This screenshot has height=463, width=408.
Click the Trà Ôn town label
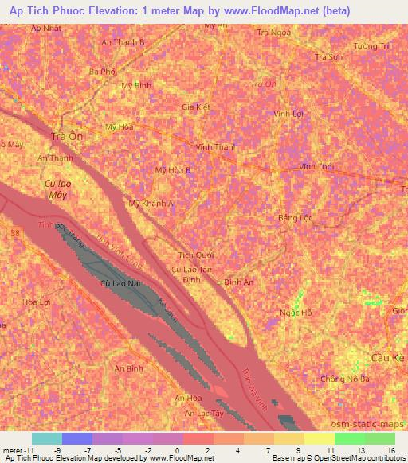[x=67, y=136]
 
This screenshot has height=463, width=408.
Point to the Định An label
[x=239, y=282]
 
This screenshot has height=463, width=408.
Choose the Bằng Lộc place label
[x=292, y=217]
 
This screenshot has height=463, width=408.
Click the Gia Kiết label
[x=195, y=107]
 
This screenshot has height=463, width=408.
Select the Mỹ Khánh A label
[x=151, y=203]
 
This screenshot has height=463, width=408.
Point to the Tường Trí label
[x=372, y=46]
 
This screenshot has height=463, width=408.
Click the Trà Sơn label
[x=329, y=57]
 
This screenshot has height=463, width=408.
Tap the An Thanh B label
[x=124, y=41]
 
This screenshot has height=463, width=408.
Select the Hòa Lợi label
[x=37, y=302]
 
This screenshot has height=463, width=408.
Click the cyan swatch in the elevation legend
[x=47, y=438]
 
